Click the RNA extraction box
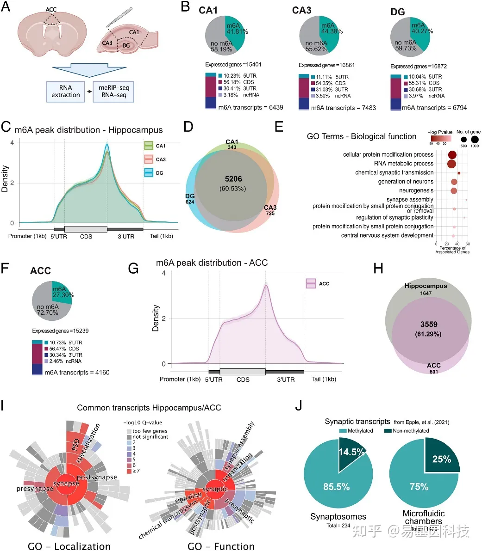pyautogui.click(x=66, y=92)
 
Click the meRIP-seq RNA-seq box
pyautogui.click(x=113, y=92)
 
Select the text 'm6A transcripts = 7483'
pyautogui.click(x=343, y=108)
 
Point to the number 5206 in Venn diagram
pyautogui.click(x=233, y=179)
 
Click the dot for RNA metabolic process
pyautogui.click(x=451, y=164)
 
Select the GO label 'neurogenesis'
pyautogui.click(x=416, y=190)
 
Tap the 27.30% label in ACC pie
pyautogui.click(x=63, y=292)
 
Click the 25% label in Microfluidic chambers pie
pyautogui.click(x=441, y=459)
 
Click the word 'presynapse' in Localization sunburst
pyautogui.click(x=35, y=489)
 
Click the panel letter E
pyautogui.click(x=279, y=127)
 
